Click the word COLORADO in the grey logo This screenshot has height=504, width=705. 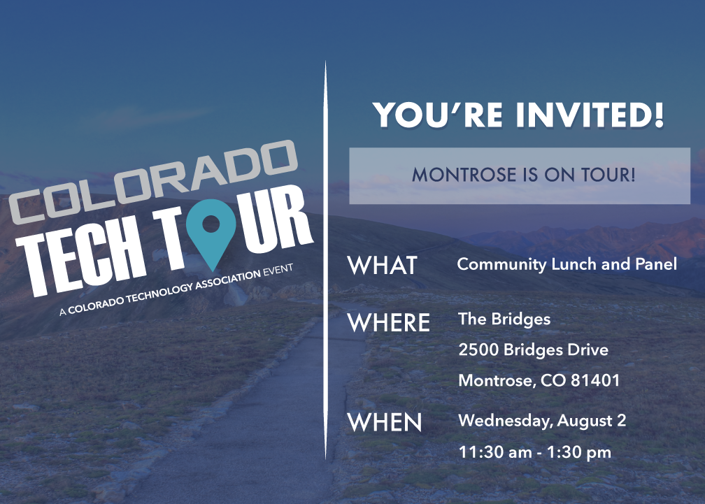[153, 182]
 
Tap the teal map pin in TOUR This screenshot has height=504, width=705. [211, 230]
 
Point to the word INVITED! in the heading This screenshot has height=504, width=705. [590, 115]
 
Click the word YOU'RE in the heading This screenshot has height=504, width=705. [438, 115]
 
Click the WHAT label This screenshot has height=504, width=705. [383, 265]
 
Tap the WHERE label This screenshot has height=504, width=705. [389, 322]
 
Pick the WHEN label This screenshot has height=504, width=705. [385, 422]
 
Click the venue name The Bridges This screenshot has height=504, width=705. [504, 319]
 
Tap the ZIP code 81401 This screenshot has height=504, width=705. [594, 381]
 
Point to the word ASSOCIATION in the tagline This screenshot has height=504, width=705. [228, 281]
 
